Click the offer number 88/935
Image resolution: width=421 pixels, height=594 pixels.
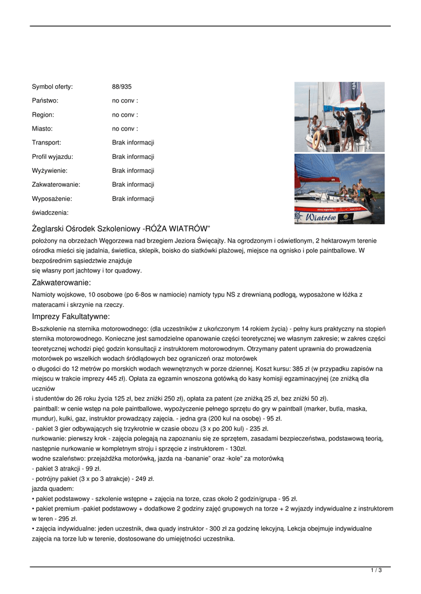(121, 87)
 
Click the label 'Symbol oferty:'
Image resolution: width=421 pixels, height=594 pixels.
(52, 87)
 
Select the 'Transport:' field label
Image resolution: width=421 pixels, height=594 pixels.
(46, 143)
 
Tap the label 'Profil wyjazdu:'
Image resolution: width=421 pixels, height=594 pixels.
(52, 157)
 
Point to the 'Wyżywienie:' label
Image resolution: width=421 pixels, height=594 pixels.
(49, 171)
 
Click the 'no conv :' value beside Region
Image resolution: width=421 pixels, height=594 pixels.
(125, 115)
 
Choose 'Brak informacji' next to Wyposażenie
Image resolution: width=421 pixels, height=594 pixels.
(133, 198)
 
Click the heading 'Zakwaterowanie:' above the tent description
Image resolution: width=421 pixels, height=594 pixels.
(62, 283)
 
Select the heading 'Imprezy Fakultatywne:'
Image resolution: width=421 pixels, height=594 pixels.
(71, 317)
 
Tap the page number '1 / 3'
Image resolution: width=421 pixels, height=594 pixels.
(376, 571)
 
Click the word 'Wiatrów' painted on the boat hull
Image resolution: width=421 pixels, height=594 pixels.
(317, 217)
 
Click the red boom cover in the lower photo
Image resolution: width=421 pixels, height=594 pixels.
(325, 180)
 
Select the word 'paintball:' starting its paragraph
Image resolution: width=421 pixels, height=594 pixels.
(48, 408)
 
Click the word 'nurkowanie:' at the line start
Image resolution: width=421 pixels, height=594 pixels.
(49, 439)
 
